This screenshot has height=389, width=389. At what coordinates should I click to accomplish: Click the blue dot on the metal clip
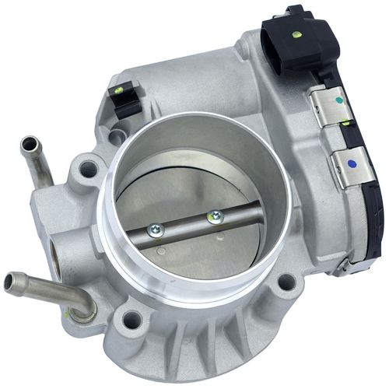pyautogui.click(x=354, y=165)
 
